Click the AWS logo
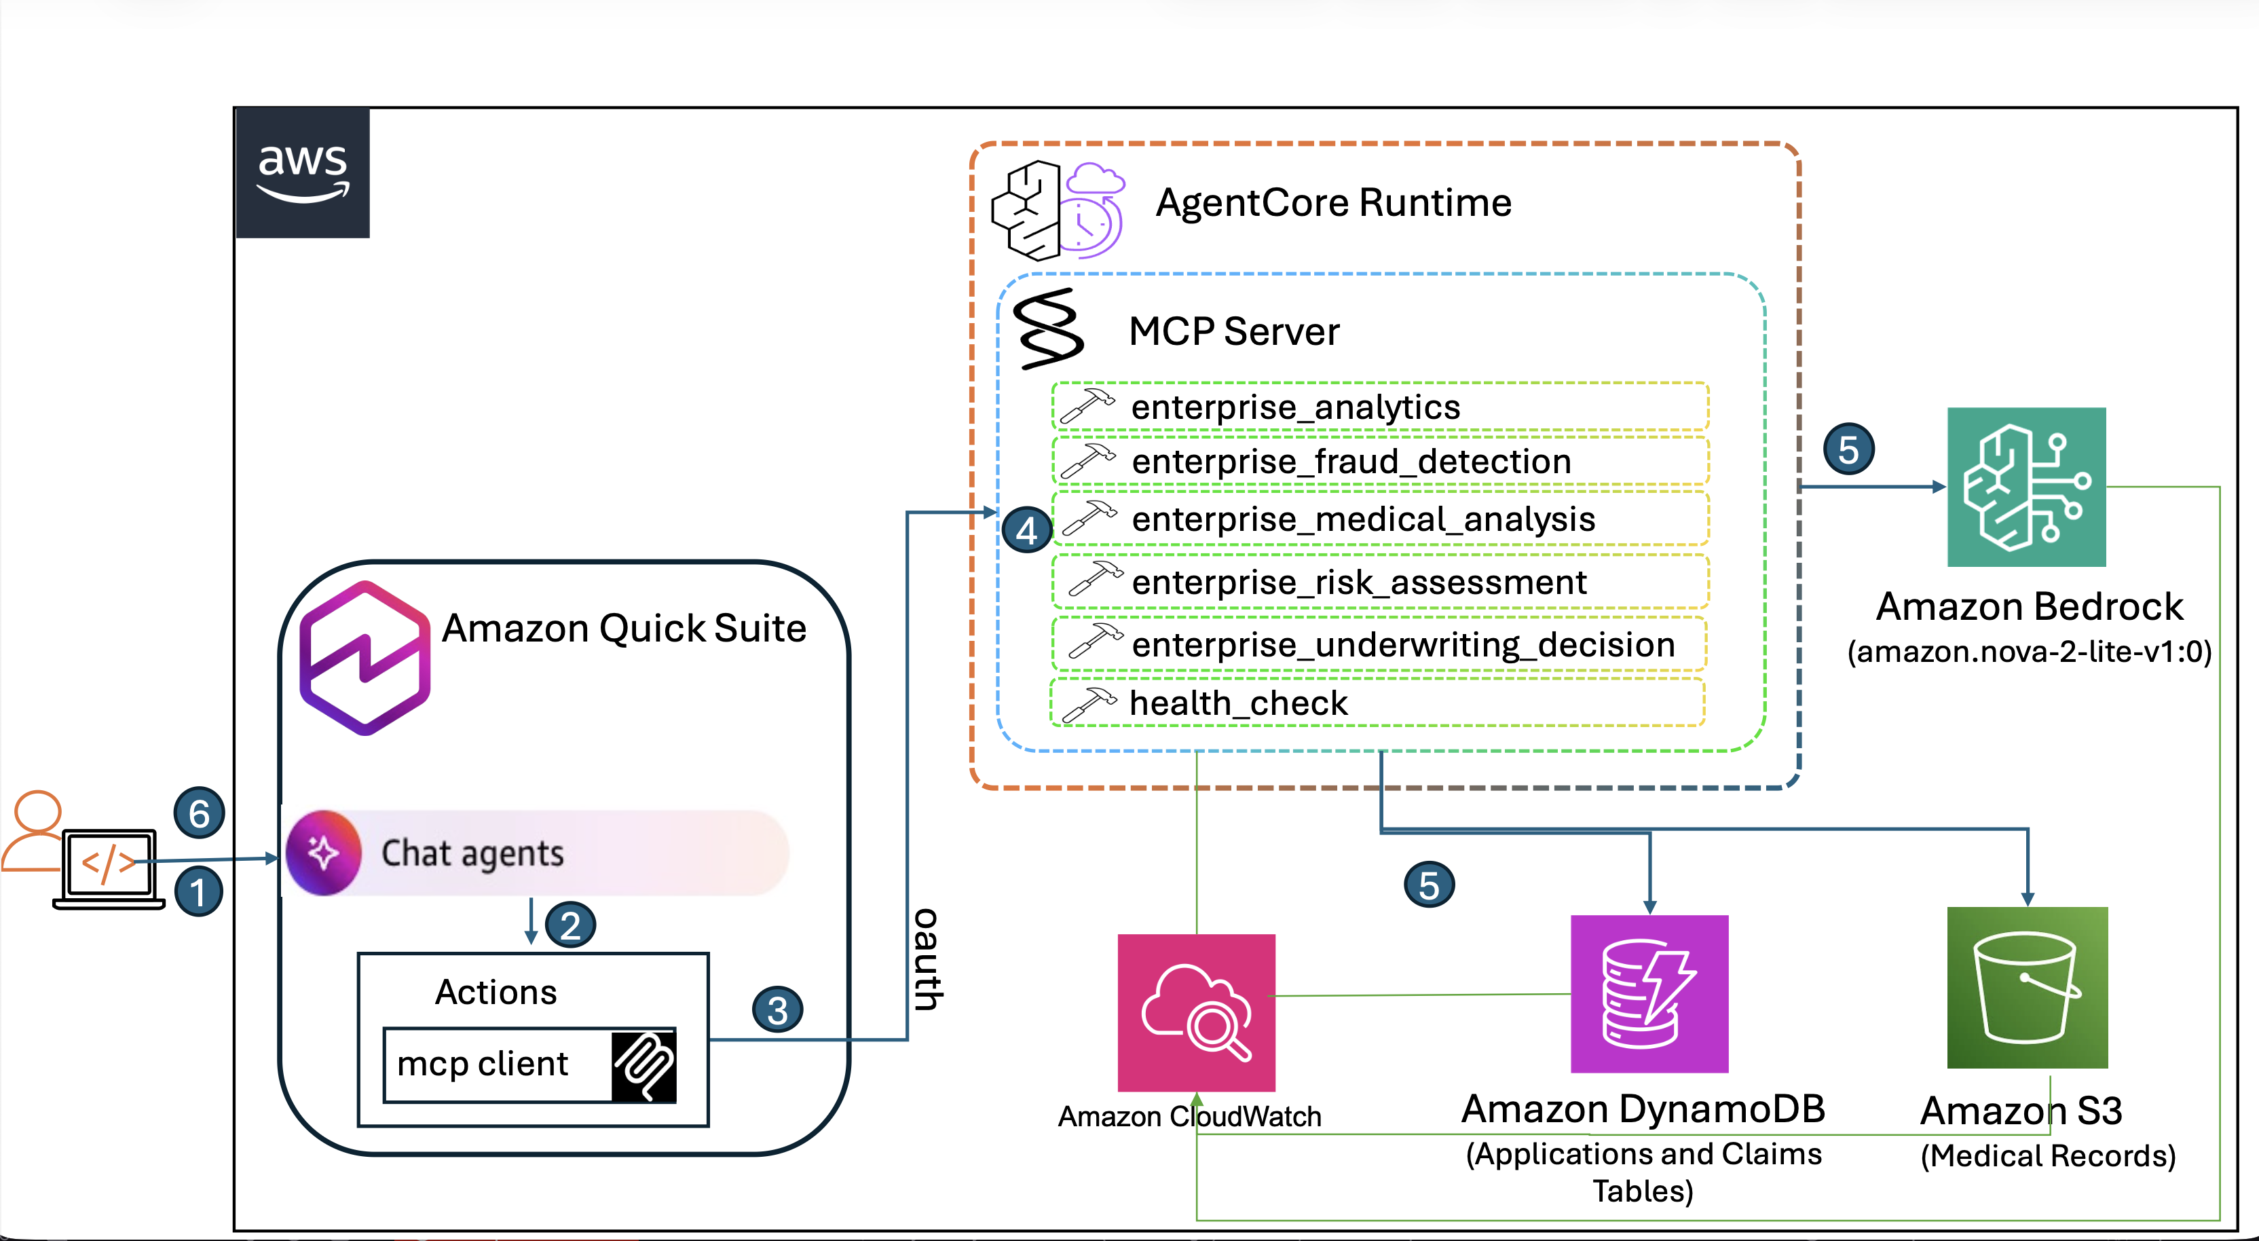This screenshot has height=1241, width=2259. (303, 172)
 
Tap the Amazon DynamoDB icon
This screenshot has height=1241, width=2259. (1649, 994)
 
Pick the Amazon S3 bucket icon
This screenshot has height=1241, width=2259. (2027, 988)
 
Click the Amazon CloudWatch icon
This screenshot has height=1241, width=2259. (1196, 1012)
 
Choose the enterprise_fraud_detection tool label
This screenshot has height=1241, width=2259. (1351, 462)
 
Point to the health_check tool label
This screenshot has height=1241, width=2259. (1237, 703)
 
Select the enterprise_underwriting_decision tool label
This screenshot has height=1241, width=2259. (1402, 645)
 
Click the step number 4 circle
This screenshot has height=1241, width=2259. (1026, 530)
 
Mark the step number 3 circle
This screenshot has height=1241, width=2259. (777, 1010)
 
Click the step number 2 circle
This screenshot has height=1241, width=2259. (570, 925)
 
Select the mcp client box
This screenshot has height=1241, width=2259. (529, 1064)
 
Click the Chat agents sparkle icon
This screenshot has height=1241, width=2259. (324, 853)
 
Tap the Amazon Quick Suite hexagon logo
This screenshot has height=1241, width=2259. (365, 657)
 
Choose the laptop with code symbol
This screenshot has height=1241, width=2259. (109, 868)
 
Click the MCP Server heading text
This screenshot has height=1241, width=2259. (1233, 331)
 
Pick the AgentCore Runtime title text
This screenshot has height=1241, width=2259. (1333, 202)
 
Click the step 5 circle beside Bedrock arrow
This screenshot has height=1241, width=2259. (1848, 450)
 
